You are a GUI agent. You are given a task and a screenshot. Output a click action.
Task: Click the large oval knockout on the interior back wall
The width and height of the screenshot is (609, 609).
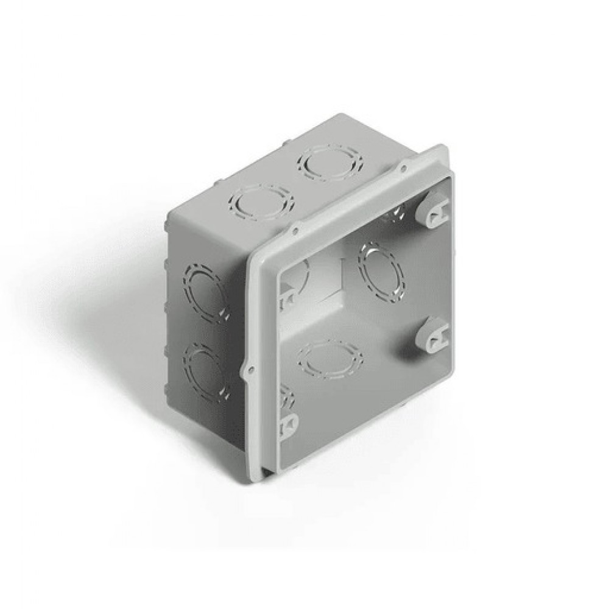pyautogui.click(x=381, y=272)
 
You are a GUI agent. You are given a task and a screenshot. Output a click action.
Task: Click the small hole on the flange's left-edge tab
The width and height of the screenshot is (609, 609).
pyautogui.click(x=248, y=368)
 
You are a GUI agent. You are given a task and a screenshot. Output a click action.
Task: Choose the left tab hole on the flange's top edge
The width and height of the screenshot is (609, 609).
pyautogui.click(x=295, y=230)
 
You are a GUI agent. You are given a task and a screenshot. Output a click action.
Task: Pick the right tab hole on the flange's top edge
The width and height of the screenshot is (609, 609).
pyautogui.click(x=403, y=164)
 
